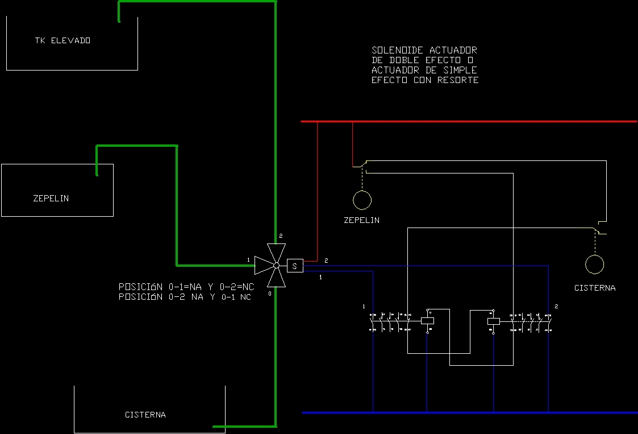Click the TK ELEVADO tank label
pos(62,40)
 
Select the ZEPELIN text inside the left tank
pos(51,199)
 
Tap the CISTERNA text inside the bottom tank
pos(145,415)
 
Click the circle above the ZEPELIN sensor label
pos(362,200)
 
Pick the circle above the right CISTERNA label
pos(595,264)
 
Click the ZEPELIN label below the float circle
pos(362,220)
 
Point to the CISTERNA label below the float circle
pos(595,288)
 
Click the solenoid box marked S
pos(295,266)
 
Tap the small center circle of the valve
pos(276,266)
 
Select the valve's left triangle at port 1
pos(263,265)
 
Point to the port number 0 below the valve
pos(270,294)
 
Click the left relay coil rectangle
pos(427,321)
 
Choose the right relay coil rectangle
pos(493,321)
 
